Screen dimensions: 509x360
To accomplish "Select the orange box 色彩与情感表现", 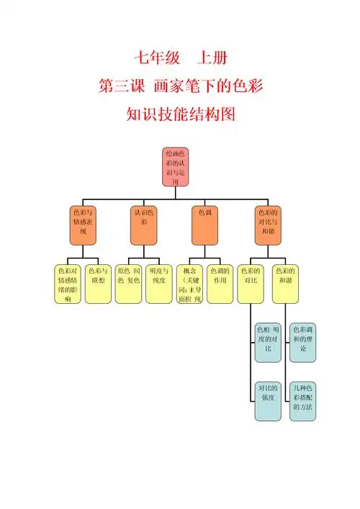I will pos(83,225).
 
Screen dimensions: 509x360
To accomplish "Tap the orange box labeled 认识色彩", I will pos(144,225).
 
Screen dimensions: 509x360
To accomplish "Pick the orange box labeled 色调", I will pos(205,225).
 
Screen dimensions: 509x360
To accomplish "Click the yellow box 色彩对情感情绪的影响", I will pos(68,284).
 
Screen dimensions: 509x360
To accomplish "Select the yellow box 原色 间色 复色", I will pos(128,284).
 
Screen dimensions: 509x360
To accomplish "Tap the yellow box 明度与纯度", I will pos(158,284).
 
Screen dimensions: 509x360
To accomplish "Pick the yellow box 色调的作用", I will pos(220,284).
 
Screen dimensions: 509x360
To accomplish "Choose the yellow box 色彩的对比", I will pos(251,284).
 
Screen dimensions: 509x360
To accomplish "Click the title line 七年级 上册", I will pos(179,58).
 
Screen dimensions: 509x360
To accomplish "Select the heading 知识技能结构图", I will pos(179,114).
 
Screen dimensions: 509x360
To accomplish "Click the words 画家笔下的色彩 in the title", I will pos(207,86).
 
